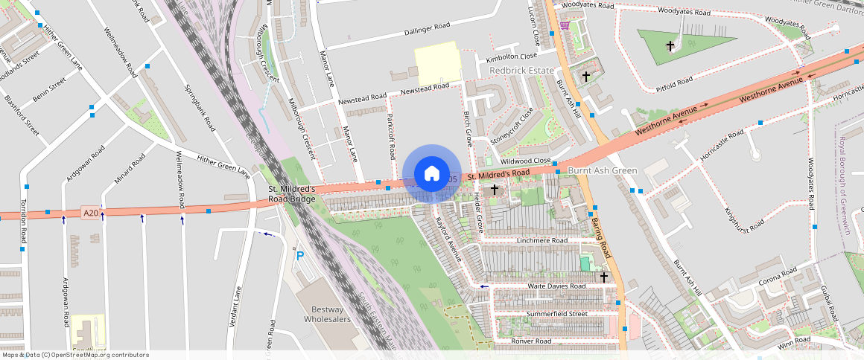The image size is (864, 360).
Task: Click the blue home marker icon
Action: (431, 174)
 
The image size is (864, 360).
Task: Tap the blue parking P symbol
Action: (300, 256)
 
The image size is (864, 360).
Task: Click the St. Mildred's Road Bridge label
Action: (292, 194)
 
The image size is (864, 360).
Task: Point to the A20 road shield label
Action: (91, 213)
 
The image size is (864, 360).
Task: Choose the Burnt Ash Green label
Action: (603, 170)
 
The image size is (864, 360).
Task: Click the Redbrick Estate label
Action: (521, 70)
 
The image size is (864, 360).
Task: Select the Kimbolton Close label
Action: (511, 57)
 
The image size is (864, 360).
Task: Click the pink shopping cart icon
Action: (565, 25)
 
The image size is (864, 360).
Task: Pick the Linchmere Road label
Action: (537, 241)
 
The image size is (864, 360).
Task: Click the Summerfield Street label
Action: (547, 314)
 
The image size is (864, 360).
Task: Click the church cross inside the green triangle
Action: (670, 46)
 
